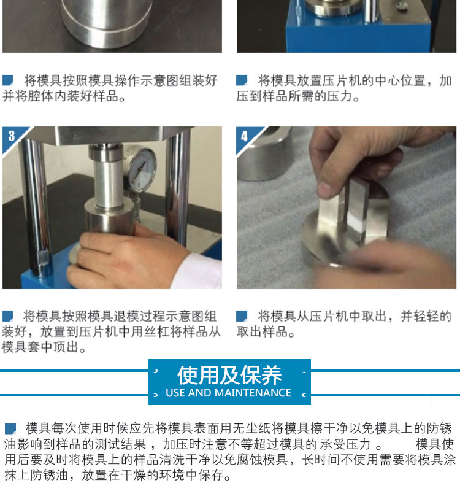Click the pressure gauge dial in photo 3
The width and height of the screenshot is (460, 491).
142,169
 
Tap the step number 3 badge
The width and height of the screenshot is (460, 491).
12,136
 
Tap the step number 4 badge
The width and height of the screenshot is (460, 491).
244,136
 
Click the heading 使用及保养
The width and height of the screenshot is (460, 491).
229,375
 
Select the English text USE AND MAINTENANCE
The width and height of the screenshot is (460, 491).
228,393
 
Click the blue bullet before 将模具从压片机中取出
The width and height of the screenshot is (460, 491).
242,316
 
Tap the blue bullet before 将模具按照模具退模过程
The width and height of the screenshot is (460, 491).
7,316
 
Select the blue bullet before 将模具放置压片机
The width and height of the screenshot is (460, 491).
242,80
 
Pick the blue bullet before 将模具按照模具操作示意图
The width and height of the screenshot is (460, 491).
7,80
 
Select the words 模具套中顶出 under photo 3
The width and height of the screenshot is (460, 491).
40,347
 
